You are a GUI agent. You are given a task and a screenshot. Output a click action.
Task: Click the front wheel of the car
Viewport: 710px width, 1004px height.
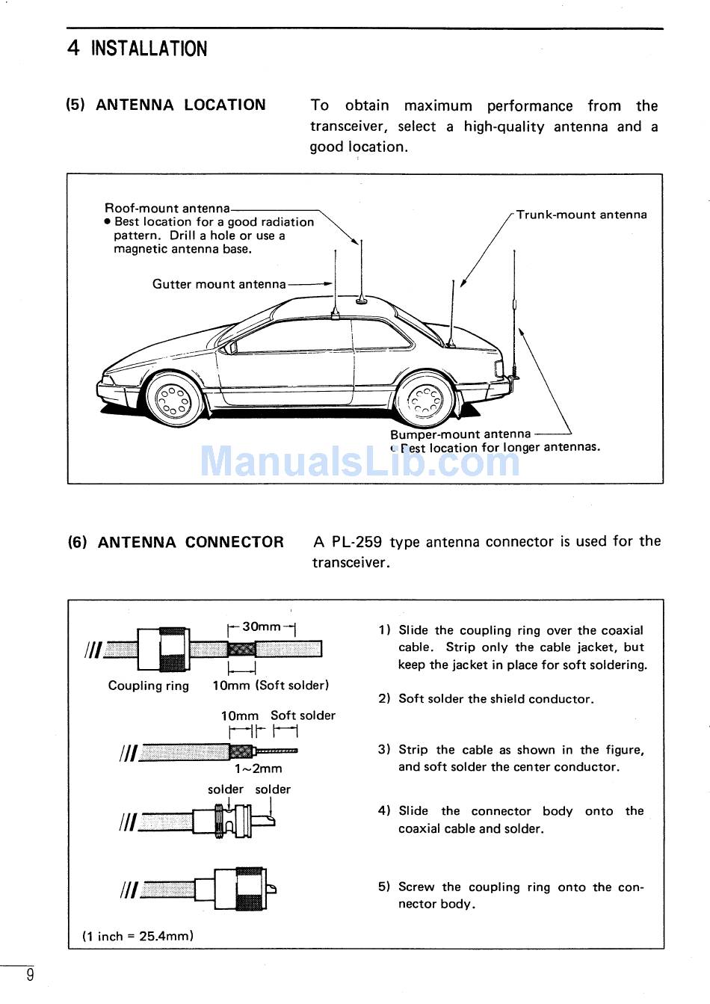click(174, 398)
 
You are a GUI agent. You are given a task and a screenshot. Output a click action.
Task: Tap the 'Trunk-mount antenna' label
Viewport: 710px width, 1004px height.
click(581, 215)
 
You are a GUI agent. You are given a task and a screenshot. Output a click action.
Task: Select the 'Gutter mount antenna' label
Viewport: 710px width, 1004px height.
click(219, 284)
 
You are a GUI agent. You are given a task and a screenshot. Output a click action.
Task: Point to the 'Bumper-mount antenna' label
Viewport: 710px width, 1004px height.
click(460, 434)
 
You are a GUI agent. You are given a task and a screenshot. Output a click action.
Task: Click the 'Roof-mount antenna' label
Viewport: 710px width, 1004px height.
click(167, 208)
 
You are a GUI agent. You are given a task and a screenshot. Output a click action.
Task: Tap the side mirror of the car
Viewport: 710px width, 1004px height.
click(232, 347)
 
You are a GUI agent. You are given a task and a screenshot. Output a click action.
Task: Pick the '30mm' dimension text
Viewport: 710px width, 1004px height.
click(262, 626)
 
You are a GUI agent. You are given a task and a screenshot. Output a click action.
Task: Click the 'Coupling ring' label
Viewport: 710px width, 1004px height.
click(148, 686)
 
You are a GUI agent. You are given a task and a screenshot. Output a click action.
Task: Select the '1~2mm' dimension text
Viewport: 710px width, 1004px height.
click(259, 769)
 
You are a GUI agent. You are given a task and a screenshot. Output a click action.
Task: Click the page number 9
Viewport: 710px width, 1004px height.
click(30, 974)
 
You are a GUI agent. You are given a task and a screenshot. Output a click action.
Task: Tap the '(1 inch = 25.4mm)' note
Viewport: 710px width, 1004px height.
click(138, 936)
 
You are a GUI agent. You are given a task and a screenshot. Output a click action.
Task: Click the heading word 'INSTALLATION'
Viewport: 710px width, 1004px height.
click(149, 49)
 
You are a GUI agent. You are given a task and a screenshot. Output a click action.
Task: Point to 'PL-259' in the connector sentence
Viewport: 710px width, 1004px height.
click(356, 541)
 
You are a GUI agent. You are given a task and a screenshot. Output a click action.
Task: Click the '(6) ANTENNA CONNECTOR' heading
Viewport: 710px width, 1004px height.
click(176, 542)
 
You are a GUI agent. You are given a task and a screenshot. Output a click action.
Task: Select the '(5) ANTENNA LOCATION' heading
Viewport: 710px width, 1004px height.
click(166, 105)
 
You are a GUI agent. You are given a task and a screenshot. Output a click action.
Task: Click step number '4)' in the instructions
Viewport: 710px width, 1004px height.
click(384, 811)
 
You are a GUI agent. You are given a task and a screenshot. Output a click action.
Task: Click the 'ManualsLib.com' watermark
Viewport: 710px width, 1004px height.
click(359, 461)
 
